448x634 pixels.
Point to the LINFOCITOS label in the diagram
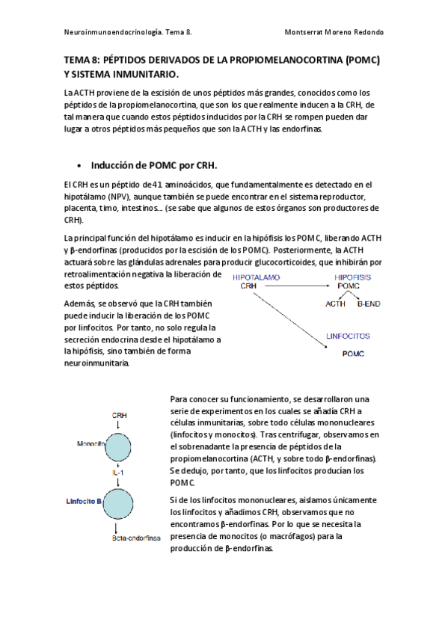(x=348, y=336)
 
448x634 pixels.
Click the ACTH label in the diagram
(x=334, y=304)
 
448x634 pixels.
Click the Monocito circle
(x=120, y=445)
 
